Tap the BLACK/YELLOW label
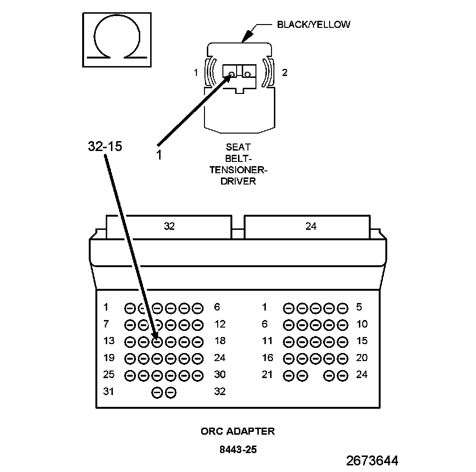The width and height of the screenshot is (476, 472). pyautogui.click(x=314, y=25)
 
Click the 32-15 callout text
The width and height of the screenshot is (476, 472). pyautogui.click(x=105, y=146)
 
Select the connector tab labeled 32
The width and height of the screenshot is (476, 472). pyautogui.click(x=169, y=227)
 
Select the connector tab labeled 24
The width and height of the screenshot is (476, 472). pyautogui.click(x=311, y=227)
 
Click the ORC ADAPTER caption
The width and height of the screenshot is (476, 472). pyautogui.click(x=238, y=431)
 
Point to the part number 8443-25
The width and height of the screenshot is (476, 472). pyautogui.click(x=238, y=450)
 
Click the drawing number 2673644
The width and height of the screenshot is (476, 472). pyautogui.click(x=372, y=460)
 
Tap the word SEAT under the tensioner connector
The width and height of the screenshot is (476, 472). pyautogui.click(x=238, y=147)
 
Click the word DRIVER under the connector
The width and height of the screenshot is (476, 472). pyautogui.click(x=238, y=181)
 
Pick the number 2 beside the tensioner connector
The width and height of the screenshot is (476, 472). pyautogui.click(x=284, y=72)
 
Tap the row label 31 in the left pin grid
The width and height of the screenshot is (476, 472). pyautogui.click(x=109, y=391)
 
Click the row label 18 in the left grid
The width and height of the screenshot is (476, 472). pyautogui.click(x=220, y=341)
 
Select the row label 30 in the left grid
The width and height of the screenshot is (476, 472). pyautogui.click(x=220, y=374)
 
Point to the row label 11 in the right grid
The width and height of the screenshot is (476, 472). pyautogui.click(x=267, y=341)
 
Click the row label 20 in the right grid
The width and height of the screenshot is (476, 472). pyautogui.click(x=362, y=358)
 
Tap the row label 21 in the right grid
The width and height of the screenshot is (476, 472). pyautogui.click(x=267, y=374)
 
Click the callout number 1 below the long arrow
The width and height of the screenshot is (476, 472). pyautogui.click(x=159, y=154)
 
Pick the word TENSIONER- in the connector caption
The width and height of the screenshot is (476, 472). pyautogui.click(x=238, y=170)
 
